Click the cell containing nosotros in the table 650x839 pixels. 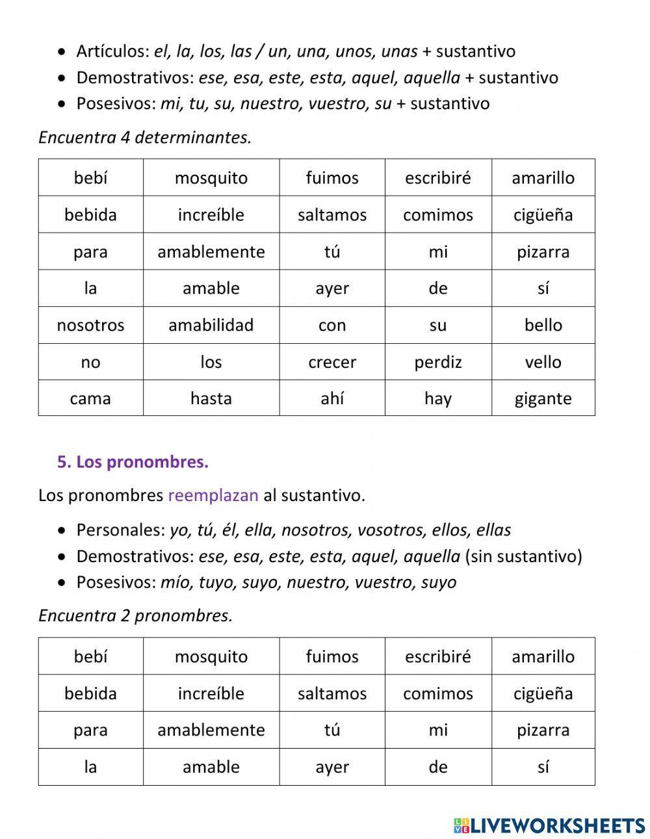point(90,325)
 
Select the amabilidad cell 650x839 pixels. point(211,325)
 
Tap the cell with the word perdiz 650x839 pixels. point(438,362)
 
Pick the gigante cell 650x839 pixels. point(543,398)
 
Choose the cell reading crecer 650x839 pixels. point(332,362)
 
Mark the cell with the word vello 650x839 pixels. point(543,362)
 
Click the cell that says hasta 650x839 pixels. point(211,398)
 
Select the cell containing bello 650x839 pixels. point(543,325)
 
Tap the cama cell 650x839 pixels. point(90,398)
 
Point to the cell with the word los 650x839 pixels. point(211,362)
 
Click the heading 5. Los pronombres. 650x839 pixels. point(133,462)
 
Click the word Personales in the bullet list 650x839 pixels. point(120,530)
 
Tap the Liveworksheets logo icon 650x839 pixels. point(461,825)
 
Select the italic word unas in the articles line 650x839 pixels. point(399,51)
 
